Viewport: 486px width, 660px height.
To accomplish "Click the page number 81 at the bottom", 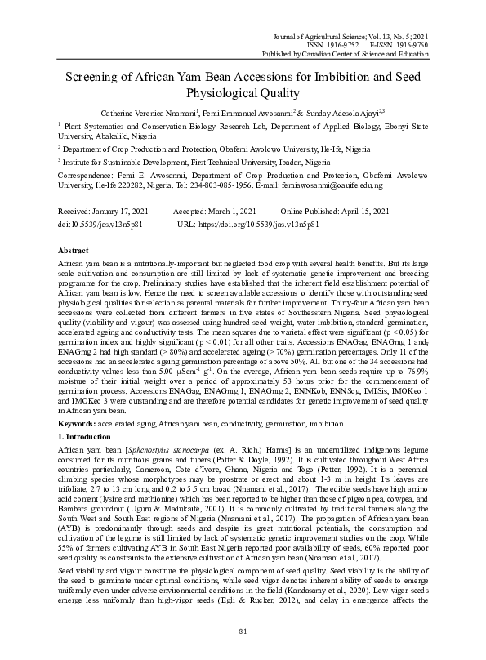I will [243, 631].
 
